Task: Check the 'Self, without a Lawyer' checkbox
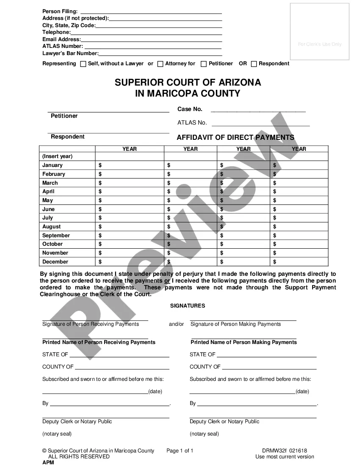tap(83, 64)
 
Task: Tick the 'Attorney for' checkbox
tap(160, 64)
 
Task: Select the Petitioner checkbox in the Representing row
tap(204, 64)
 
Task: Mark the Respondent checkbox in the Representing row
tap(254, 64)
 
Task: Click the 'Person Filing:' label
tap(60, 11)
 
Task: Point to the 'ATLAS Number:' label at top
tap(63, 46)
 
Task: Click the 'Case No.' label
tap(190, 109)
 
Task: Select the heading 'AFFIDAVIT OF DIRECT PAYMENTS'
tap(235, 137)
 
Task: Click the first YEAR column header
tap(130, 149)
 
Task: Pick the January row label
tap(53, 165)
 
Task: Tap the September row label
tap(56, 236)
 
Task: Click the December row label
tap(55, 262)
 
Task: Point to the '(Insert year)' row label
tap(57, 156)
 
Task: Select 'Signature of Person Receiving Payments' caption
tap(91, 324)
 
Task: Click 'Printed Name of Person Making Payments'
tap(244, 342)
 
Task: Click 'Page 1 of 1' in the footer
tap(180, 451)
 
